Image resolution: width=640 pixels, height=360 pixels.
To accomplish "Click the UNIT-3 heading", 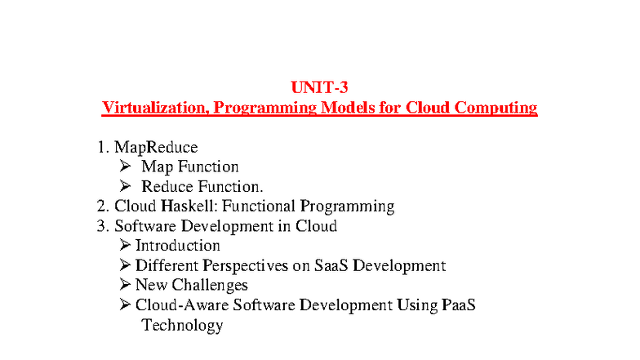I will (x=320, y=87).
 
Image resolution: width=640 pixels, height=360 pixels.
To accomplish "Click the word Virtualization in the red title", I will (x=149, y=108).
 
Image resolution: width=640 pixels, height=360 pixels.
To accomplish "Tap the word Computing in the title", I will (x=496, y=108).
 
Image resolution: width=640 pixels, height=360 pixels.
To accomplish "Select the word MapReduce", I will (x=156, y=148).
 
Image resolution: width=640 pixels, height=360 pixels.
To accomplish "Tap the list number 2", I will (x=102, y=207).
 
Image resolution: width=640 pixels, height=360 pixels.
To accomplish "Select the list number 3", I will (x=102, y=226).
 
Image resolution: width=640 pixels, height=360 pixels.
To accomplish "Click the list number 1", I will (x=102, y=148).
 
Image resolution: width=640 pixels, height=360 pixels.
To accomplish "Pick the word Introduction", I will (x=177, y=246).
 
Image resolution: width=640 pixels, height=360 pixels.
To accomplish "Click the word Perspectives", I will (x=247, y=265).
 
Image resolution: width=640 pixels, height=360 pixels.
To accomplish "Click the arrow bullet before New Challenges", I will (x=124, y=285).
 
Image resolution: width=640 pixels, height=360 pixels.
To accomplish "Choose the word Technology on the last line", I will (x=182, y=325).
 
